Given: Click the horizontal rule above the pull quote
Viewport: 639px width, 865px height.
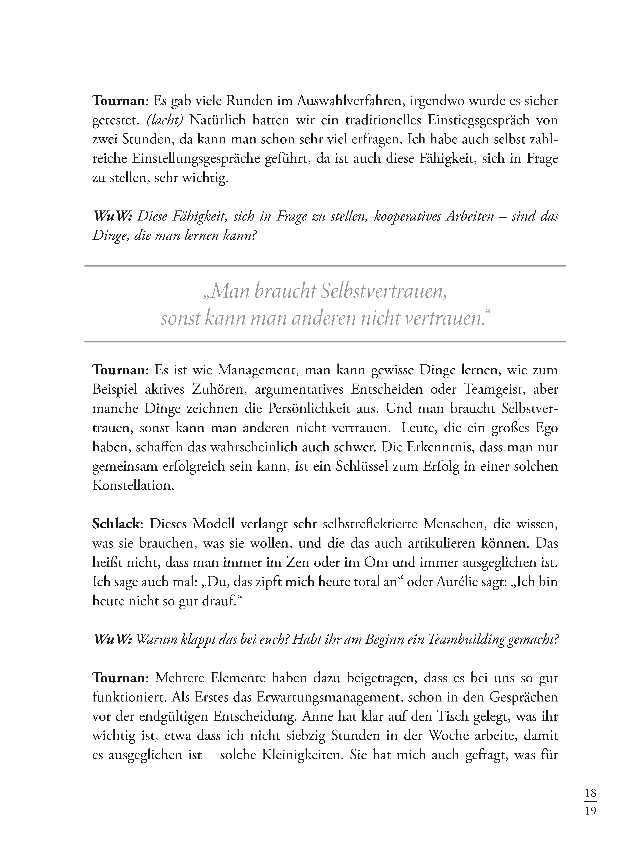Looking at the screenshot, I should (x=325, y=266).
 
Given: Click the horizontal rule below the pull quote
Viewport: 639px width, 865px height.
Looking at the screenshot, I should (x=325, y=342).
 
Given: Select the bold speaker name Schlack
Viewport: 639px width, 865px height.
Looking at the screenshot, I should (x=116, y=524).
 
